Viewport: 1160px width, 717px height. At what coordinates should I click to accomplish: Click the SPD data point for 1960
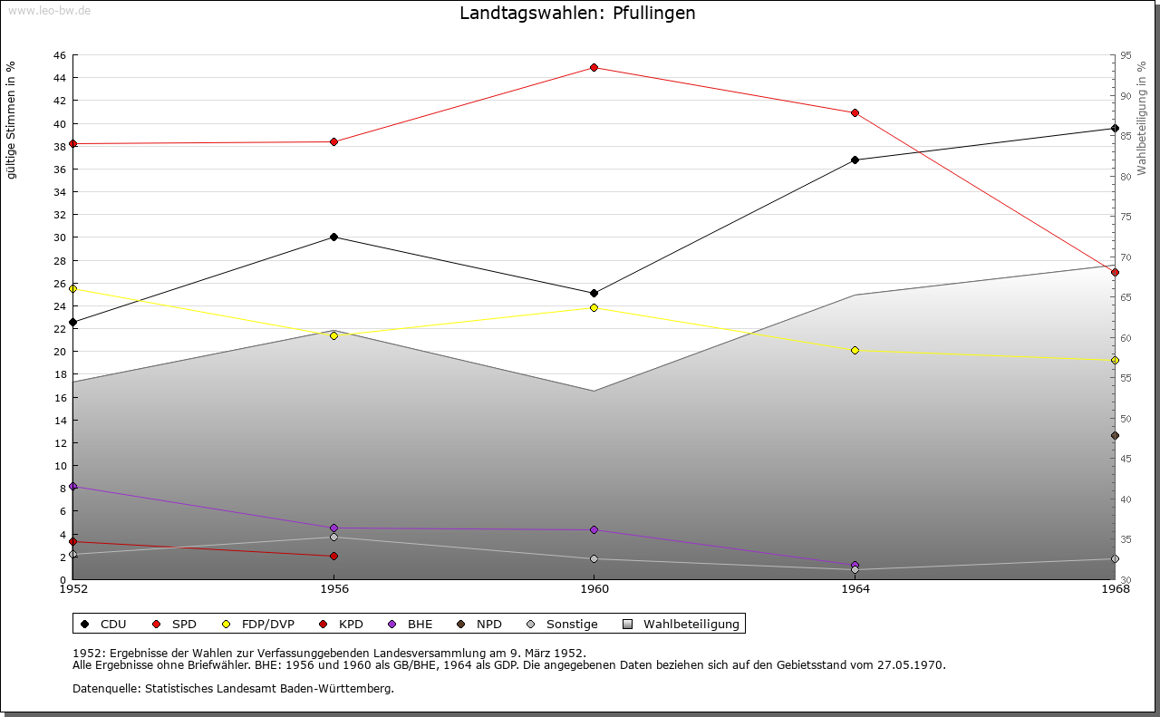(x=594, y=67)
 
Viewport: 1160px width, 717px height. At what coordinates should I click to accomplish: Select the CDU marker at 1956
(x=333, y=237)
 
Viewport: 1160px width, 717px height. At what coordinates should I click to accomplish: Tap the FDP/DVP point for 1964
(x=855, y=350)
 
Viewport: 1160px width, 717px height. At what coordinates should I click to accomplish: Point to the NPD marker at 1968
(x=1115, y=436)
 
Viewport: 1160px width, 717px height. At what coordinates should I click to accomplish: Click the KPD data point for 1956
(x=333, y=556)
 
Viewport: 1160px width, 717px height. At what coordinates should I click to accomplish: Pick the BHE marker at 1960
(x=594, y=529)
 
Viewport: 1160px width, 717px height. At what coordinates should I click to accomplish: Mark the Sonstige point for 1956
(x=333, y=537)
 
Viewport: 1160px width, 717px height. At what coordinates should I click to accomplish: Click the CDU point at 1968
(x=1115, y=128)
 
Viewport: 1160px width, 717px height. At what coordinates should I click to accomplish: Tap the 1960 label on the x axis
(x=594, y=589)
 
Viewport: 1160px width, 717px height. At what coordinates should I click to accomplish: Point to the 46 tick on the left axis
(x=59, y=55)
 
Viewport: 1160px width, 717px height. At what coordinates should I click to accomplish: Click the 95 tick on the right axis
(x=1126, y=55)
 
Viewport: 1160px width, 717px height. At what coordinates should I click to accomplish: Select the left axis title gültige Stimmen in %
(x=12, y=120)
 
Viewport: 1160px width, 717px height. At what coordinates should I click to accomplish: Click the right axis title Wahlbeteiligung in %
(x=1142, y=118)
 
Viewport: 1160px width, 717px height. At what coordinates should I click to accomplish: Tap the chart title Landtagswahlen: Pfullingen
(x=577, y=13)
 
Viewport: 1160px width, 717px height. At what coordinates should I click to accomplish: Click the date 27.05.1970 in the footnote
(x=910, y=664)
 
